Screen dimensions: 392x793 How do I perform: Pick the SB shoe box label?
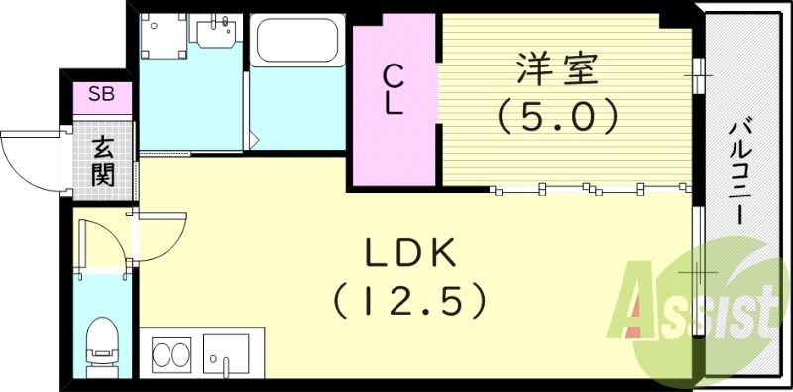tap(101, 95)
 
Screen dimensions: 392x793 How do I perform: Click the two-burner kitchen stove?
tap(171, 354)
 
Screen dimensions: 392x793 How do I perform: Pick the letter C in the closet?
tap(394, 75)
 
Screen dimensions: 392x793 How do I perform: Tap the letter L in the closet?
tap(394, 104)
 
